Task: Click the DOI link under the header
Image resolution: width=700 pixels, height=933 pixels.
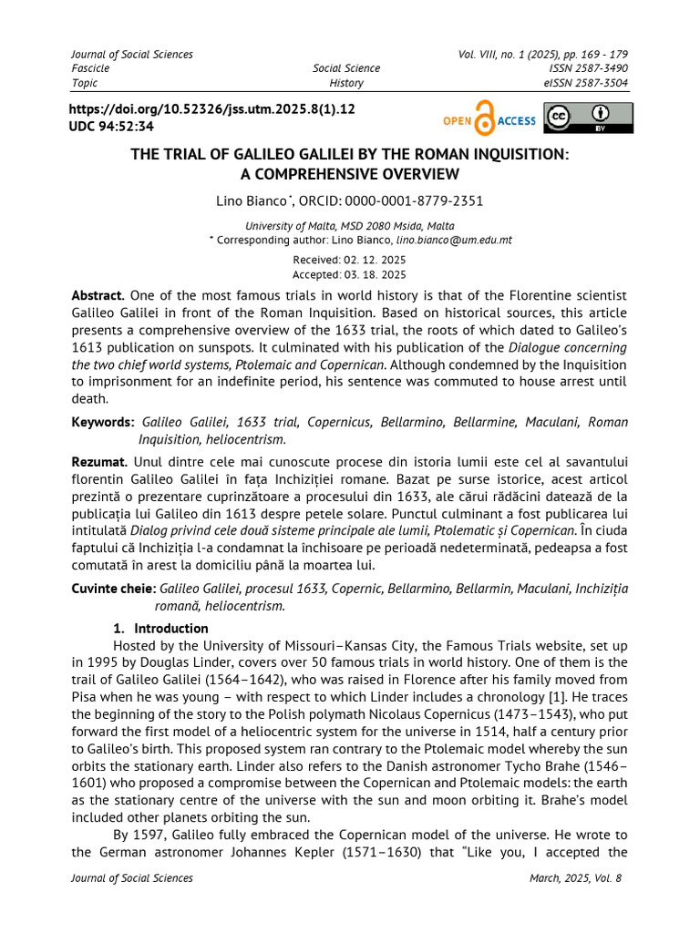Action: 212,108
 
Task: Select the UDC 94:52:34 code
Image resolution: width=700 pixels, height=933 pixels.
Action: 112,127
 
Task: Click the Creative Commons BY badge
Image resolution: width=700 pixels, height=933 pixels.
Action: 588,118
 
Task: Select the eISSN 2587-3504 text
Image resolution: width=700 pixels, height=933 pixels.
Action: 585,83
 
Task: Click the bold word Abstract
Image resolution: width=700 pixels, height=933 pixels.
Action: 98,295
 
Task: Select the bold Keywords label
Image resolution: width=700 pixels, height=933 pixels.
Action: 103,422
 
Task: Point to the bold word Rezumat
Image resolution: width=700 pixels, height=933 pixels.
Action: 99,463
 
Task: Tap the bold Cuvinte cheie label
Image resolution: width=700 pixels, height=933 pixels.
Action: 113,589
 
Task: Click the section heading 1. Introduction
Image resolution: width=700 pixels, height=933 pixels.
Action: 160,629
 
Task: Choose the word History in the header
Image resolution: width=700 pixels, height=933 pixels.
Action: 346,83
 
